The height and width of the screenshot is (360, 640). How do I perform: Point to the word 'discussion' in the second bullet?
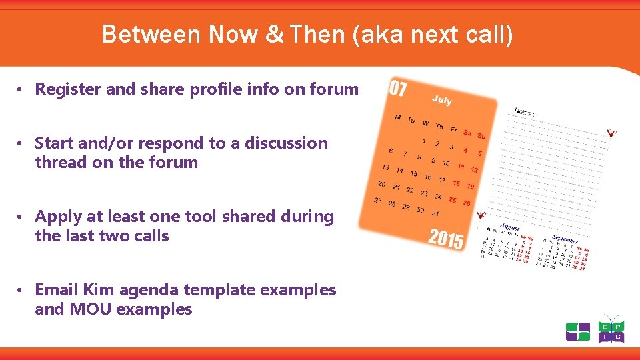coord(288,143)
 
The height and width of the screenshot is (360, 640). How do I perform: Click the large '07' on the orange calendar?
coord(398,89)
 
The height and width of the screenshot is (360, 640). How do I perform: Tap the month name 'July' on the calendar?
coord(441,100)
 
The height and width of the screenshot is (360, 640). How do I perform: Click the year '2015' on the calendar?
coord(446,239)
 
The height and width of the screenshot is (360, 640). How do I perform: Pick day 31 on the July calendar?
coord(435,213)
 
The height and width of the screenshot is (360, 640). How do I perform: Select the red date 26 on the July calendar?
coord(467,203)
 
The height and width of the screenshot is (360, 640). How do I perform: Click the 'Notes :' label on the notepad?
coord(524,112)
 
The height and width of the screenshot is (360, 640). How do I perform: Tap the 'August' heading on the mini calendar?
coord(509,227)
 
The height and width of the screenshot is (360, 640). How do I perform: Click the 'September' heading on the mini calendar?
coord(565,239)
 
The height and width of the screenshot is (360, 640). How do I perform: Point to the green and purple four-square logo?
coord(578,331)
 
